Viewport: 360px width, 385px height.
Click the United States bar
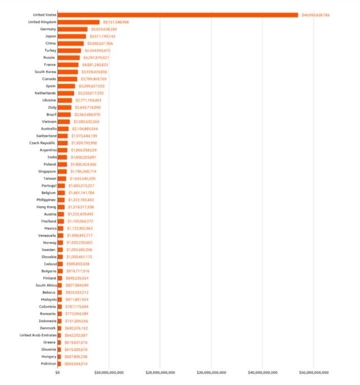177,15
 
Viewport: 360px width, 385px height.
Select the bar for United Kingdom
79,22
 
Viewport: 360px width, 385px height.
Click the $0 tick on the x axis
57,372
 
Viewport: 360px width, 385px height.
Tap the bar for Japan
72,36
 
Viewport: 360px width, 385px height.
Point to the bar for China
70,43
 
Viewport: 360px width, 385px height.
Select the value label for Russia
96,57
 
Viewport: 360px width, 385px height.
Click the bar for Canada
67,79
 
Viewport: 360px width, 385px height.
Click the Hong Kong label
45,207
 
